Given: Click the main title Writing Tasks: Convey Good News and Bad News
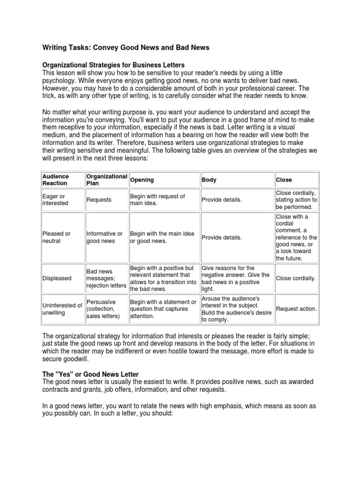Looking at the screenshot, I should pos(126,47).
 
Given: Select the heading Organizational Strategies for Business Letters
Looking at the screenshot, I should pos(114,64).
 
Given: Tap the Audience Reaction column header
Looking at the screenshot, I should pos(56,180).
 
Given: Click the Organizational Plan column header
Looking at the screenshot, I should pos(106,180).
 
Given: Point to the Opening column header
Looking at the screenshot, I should pos(142,180).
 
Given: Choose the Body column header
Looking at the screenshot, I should pos(209,180).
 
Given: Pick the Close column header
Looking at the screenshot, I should pos(284,180).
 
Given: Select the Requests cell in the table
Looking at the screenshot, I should pos(99,200).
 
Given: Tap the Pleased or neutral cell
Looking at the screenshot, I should pos(56,237).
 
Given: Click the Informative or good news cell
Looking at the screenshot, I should pos(104,237).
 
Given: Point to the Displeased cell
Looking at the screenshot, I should pos(57,278).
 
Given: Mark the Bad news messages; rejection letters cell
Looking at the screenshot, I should pos(106,278).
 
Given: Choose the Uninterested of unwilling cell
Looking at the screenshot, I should pos(62,309).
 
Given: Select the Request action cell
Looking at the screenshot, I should pos(296,309).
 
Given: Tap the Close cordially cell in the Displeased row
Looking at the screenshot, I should pos(296,278).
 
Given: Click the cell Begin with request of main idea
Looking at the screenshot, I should pos(157,200).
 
